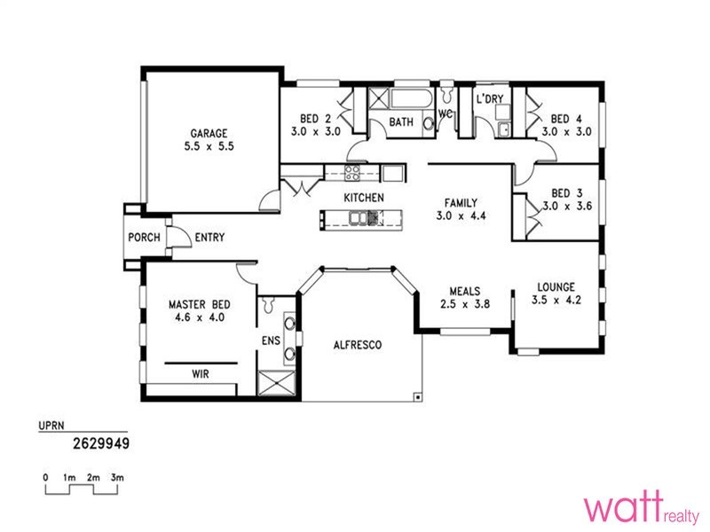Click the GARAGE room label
[207, 134]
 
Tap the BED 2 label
[315, 119]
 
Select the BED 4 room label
[565, 119]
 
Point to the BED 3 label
[565, 193]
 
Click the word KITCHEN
[364, 198]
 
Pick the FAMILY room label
[461, 202]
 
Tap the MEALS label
[465, 291]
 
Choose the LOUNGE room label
[556, 287]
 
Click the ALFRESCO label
[358, 345]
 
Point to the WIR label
[201, 375]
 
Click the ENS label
[270, 340]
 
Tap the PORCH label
[143, 238]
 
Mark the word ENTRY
[209, 238]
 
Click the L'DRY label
[489, 99]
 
